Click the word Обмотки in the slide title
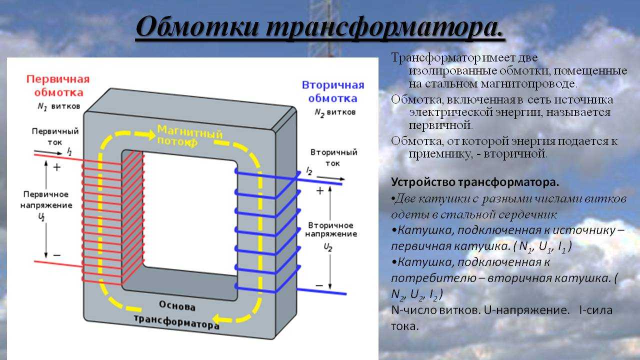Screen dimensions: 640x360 click(197, 27)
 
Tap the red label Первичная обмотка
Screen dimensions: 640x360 click(58, 85)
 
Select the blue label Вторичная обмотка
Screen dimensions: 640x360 click(333, 91)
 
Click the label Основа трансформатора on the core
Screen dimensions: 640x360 click(177, 314)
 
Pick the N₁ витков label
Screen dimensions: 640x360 click(59, 106)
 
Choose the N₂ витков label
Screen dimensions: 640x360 click(335, 112)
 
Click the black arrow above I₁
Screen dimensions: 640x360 click(48, 152)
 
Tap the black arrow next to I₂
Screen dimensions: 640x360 click(331, 178)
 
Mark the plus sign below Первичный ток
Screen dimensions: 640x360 click(57, 167)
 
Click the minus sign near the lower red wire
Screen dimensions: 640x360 click(57, 255)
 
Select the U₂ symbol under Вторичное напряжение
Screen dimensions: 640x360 click(327, 247)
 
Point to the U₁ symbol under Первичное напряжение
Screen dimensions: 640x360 click(41, 217)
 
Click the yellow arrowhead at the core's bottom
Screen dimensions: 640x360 click(218, 318)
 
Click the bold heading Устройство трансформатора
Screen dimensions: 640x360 click(475, 182)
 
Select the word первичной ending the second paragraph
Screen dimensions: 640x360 click(440, 125)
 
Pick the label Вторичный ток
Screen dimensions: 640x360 click(333, 157)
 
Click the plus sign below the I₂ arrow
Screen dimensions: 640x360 click(319, 190)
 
